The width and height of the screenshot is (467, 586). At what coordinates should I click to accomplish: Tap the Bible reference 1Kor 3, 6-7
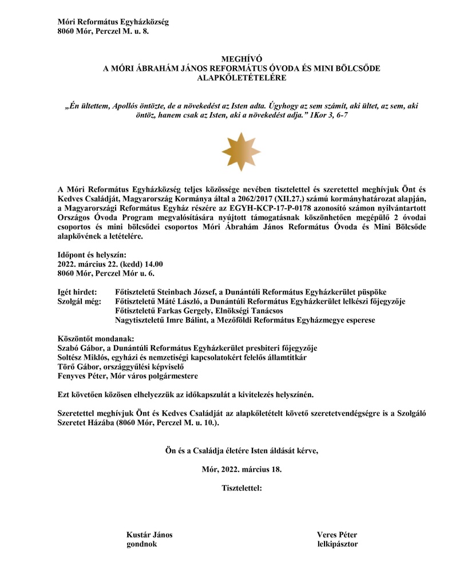(x=327, y=116)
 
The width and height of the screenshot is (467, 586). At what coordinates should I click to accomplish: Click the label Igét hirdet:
(x=78, y=291)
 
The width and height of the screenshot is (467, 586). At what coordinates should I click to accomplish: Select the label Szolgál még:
(x=80, y=301)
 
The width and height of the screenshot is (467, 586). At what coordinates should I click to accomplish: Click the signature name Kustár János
(x=149, y=534)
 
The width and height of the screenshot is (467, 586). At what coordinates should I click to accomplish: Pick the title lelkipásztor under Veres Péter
(x=337, y=544)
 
